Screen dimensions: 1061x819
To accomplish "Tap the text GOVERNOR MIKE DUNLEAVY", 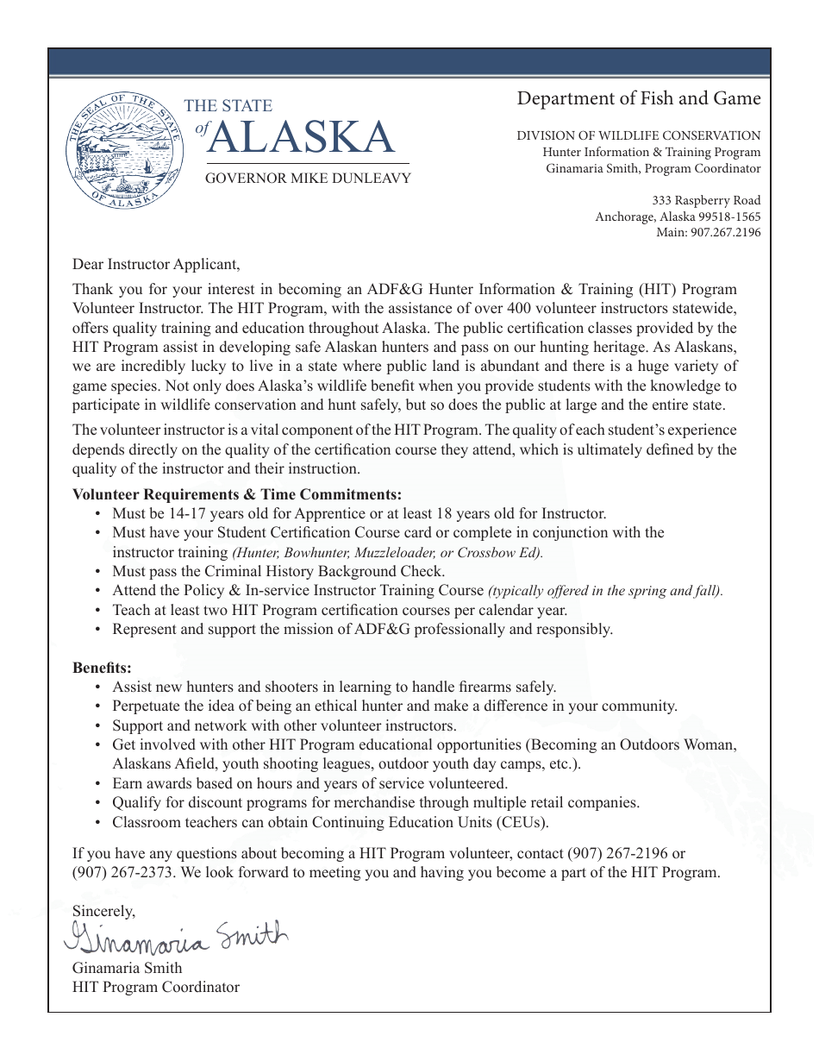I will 308,179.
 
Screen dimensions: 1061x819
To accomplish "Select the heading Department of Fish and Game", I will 639,98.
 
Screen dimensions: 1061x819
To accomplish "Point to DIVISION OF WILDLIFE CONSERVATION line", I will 639,135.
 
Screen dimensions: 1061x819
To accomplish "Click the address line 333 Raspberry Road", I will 706,201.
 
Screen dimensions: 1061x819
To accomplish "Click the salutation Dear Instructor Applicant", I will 156,264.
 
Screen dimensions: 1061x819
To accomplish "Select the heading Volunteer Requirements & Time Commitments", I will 237,494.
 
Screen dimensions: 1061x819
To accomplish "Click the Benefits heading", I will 102,668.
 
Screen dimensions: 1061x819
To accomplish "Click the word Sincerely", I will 103,911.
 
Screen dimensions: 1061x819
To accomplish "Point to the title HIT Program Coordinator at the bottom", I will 156,987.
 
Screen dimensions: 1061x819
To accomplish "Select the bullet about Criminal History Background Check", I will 278,571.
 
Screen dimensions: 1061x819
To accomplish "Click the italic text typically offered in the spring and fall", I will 606,591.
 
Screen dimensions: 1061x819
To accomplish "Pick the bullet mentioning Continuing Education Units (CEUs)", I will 330,822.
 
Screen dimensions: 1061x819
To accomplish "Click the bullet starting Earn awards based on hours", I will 309,783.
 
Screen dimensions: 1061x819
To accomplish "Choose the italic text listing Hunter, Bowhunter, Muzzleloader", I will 388,553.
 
